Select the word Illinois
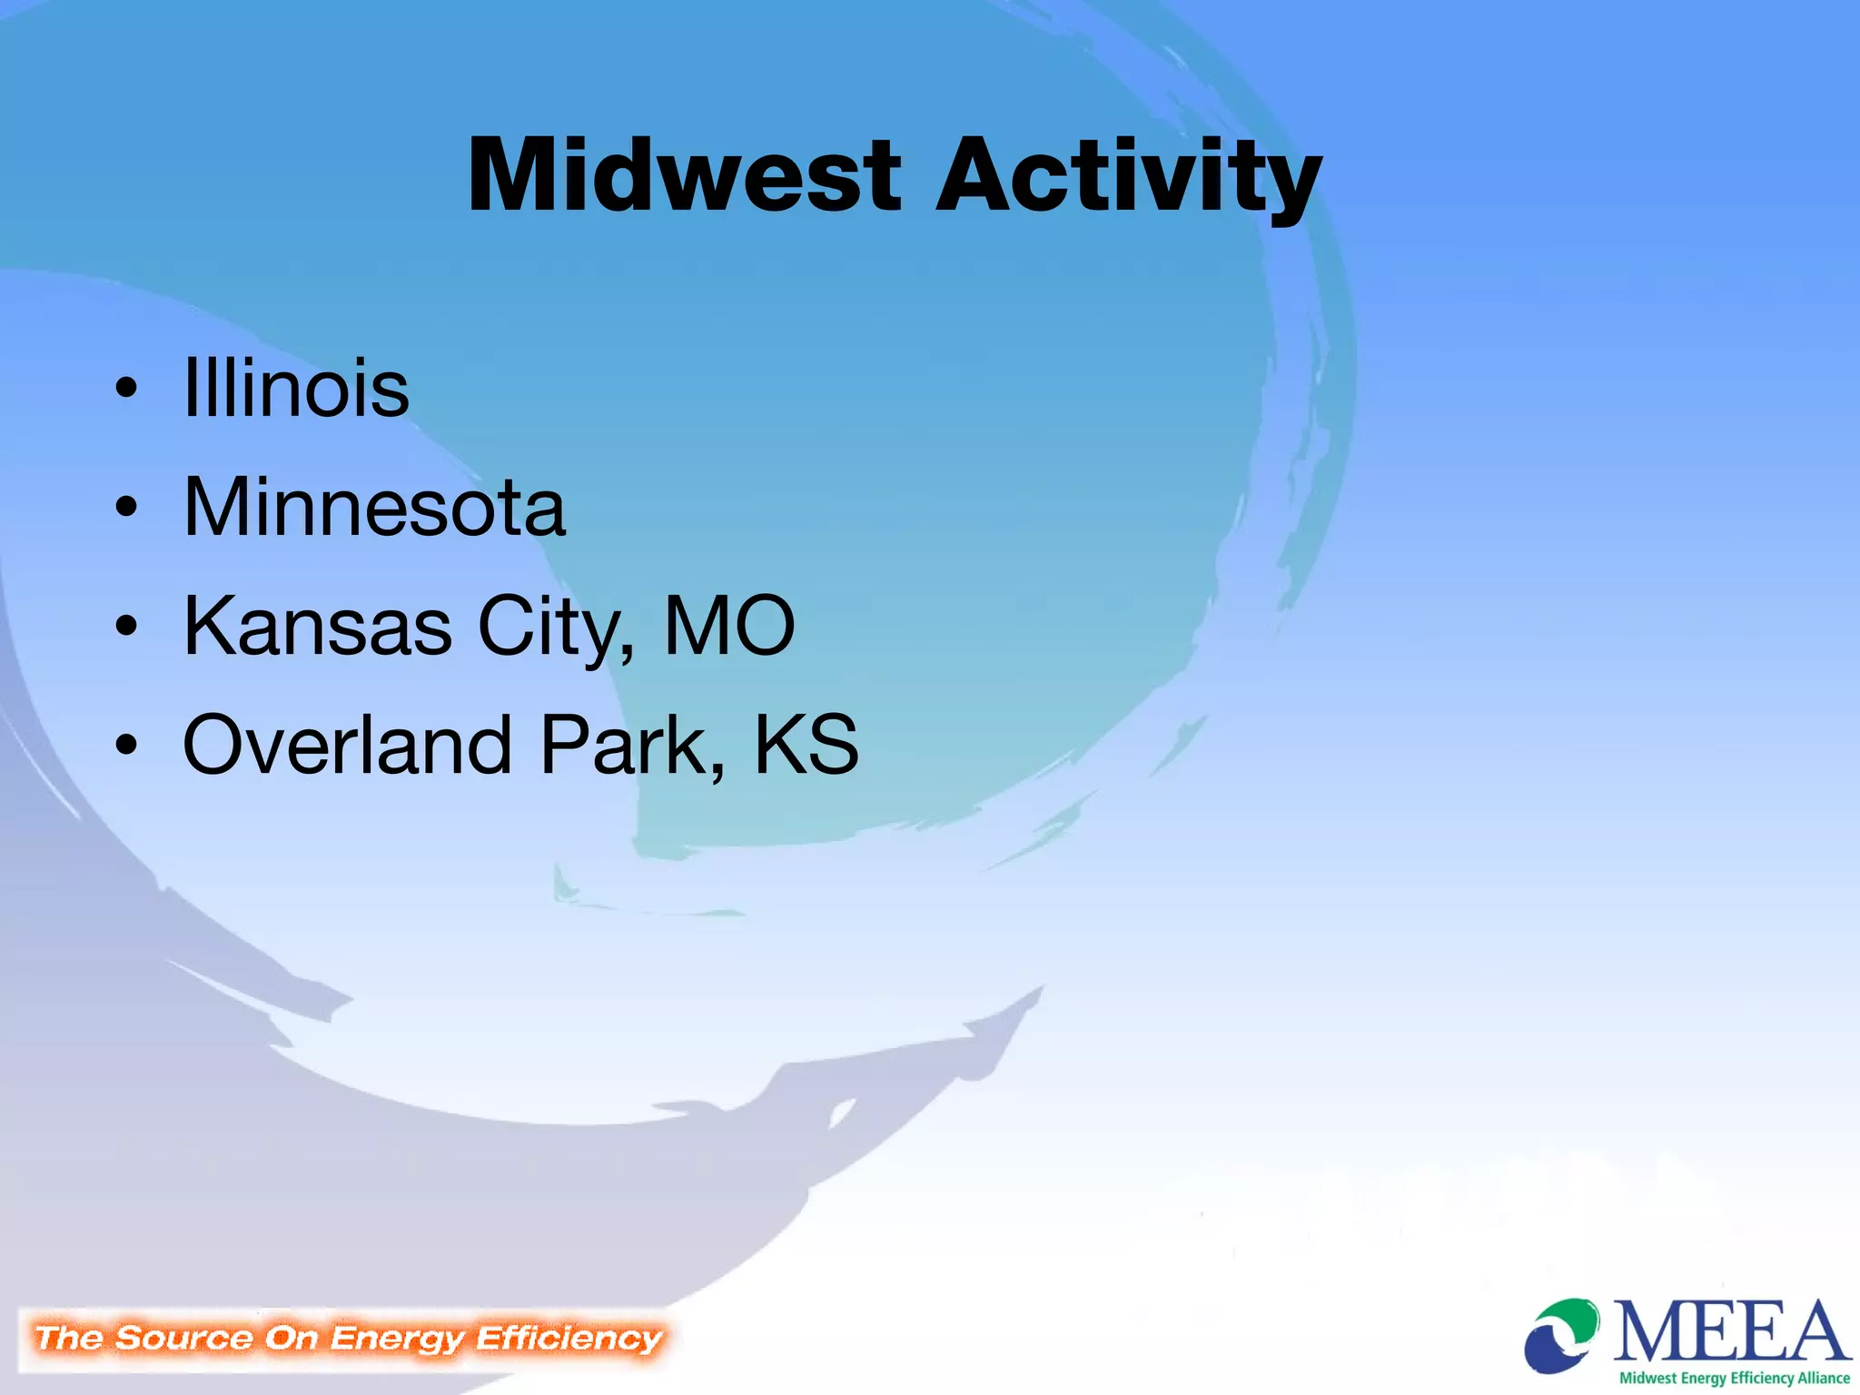click(x=296, y=389)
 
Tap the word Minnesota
click(x=374, y=508)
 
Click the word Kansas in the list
click(x=318, y=626)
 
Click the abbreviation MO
click(x=729, y=626)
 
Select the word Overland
click(x=348, y=745)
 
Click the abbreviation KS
click(x=806, y=745)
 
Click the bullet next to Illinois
click(x=126, y=389)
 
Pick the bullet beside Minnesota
click(x=126, y=508)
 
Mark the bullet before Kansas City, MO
click(x=126, y=626)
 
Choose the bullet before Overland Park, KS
click(x=126, y=745)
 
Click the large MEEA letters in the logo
click(x=1731, y=1332)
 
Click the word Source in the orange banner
click(x=184, y=1338)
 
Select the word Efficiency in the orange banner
click(x=569, y=1338)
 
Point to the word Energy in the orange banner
click(x=398, y=1339)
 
